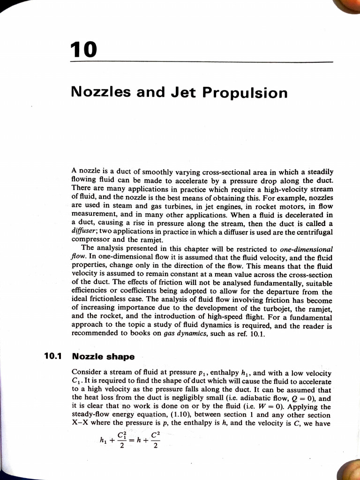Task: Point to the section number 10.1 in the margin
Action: click(53, 356)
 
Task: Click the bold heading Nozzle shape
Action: click(104, 357)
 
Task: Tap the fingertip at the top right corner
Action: click(350, 6)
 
